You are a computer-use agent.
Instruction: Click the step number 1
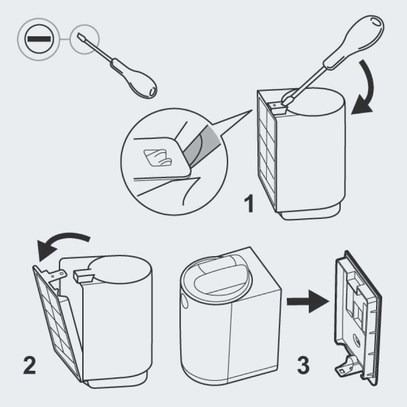coord(249,204)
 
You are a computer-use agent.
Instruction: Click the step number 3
coord(303,365)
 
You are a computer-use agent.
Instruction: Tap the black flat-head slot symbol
coord(39,39)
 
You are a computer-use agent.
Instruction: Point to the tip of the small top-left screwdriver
coord(78,35)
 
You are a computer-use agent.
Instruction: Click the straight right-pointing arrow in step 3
coord(308,302)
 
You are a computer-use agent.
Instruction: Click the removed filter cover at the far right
coord(358,318)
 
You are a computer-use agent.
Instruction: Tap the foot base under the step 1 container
coord(310,213)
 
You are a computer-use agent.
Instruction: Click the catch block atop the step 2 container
coord(83,276)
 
